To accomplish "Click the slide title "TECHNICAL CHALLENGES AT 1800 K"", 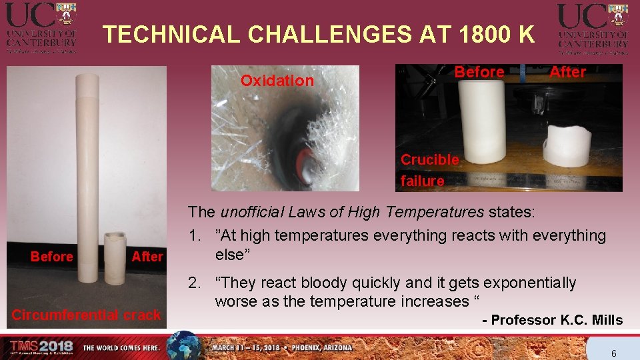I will tap(319, 34).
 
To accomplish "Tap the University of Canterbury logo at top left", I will tap(41, 27).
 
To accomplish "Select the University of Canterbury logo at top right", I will tap(593, 27).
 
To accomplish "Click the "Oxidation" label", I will tap(277, 81).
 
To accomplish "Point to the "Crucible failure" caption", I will tap(429, 170).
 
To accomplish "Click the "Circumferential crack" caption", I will tap(86, 315).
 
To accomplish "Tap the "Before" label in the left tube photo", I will tap(52, 257).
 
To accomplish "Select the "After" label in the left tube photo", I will tap(147, 257).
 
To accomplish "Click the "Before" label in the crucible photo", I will tap(479, 72).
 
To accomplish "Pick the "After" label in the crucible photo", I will tap(567, 72).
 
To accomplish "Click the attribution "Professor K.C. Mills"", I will tap(557, 321).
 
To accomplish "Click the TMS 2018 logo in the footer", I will tap(41, 347).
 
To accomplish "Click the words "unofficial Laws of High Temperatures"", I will tap(352, 213).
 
